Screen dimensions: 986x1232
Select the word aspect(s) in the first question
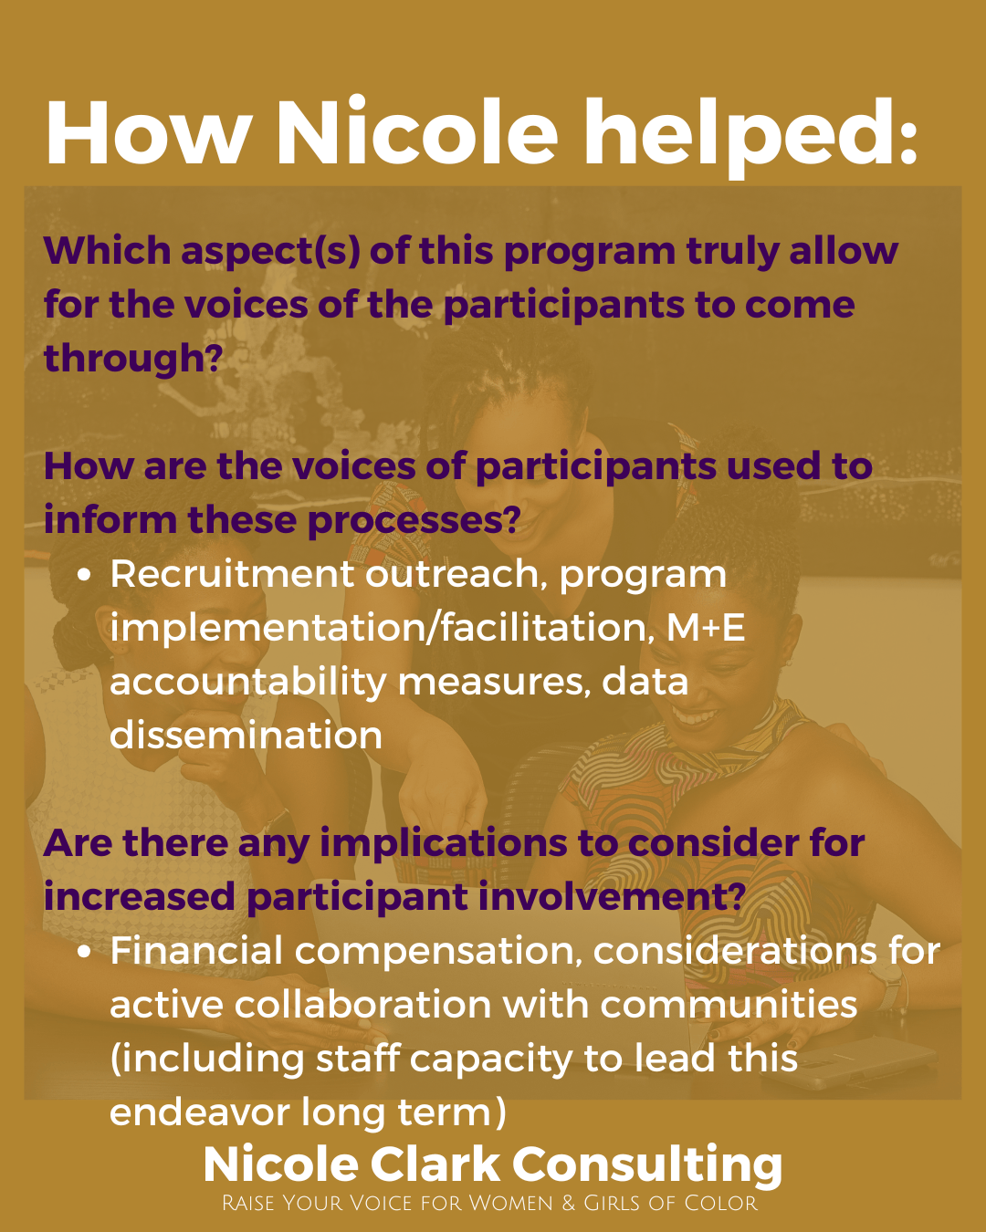coord(271,252)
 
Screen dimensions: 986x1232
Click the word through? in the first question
coord(132,359)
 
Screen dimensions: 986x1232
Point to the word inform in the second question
coord(110,519)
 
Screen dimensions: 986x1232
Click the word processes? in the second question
coord(414,521)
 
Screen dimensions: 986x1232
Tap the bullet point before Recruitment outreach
coord(84,575)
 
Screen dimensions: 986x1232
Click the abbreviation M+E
coord(706,628)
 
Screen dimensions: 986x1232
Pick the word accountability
coord(247,684)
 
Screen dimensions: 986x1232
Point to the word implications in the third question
coord(443,844)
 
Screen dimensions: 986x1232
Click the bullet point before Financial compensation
coord(84,952)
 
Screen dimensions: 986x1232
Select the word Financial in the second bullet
coord(196,950)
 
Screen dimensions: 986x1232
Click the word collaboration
coord(362,1004)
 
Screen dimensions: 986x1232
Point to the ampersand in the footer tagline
coord(569,1203)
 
